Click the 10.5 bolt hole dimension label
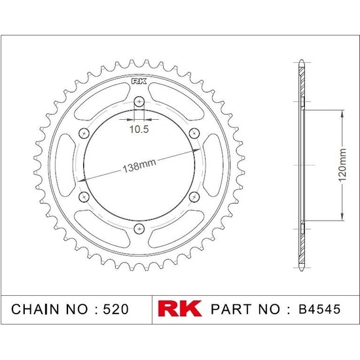(139, 129)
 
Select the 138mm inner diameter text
(138, 166)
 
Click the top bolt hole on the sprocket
(139, 101)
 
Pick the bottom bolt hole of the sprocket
(139, 228)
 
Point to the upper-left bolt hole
(84, 133)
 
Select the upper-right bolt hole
(194, 133)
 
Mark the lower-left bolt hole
(84, 196)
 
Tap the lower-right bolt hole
(194, 196)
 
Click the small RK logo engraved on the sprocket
(139, 82)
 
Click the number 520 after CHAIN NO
(119, 308)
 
